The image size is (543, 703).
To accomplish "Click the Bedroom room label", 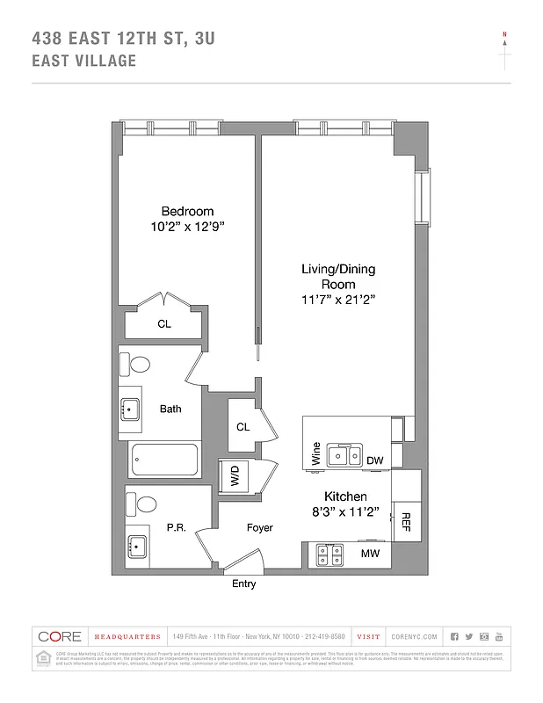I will click(x=186, y=211).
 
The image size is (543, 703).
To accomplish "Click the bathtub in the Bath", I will click(x=164, y=459).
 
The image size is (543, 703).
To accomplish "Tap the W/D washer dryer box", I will click(x=235, y=478).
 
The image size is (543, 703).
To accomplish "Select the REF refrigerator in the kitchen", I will click(x=406, y=522).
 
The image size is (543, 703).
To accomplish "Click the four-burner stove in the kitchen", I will click(x=330, y=554).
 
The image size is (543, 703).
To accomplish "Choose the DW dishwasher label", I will click(x=374, y=460).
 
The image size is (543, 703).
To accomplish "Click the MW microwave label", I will click(x=370, y=554).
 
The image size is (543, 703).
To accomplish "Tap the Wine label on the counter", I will click(x=315, y=455).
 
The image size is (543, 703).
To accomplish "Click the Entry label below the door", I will click(x=243, y=584).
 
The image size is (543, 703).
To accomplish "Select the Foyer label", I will click(x=259, y=528).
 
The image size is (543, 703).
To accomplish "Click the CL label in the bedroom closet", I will click(x=164, y=324).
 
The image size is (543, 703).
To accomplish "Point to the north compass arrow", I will click(x=504, y=46).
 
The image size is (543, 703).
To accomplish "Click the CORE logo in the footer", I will click(x=59, y=636).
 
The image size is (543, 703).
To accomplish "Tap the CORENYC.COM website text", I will click(x=411, y=636).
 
